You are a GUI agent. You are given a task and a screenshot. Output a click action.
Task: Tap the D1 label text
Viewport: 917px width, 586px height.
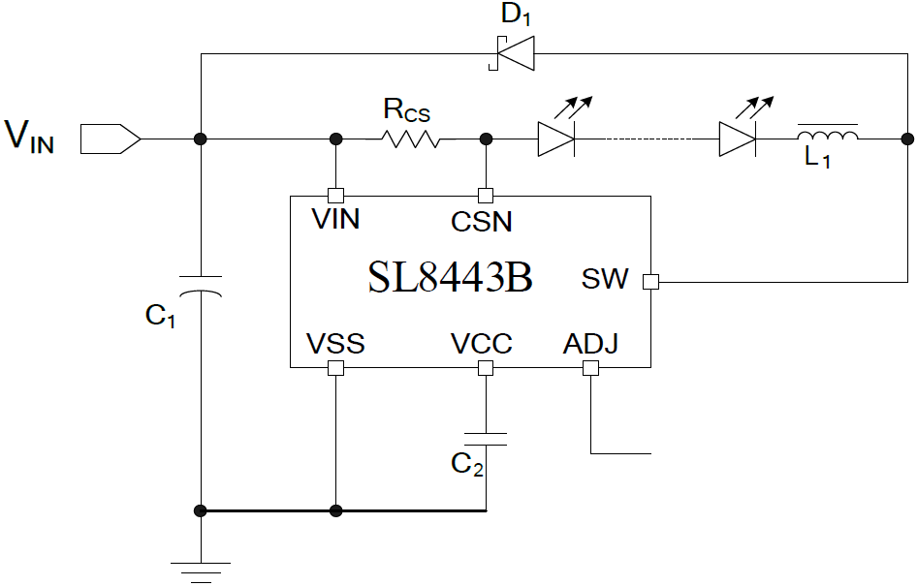tap(517, 15)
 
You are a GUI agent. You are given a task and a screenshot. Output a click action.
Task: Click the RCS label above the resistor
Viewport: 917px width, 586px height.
tap(406, 109)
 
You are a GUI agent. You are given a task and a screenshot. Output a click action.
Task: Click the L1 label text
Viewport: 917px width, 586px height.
tap(817, 160)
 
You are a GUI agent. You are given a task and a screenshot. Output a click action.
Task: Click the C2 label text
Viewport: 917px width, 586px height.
tap(466, 465)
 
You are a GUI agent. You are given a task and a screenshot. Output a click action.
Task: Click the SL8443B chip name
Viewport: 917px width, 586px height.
tap(450, 280)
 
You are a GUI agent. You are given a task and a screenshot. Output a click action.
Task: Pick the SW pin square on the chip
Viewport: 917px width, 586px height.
tap(650, 282)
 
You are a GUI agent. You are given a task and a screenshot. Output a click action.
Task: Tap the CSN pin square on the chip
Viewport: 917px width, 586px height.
tap(486, 195)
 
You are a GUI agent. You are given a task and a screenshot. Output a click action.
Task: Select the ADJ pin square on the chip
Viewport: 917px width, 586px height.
tap(590, 368)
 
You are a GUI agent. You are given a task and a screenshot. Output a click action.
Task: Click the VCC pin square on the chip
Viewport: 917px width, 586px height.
tap(486, 368)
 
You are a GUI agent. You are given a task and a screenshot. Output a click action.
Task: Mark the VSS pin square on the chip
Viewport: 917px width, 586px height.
tap(335, 368)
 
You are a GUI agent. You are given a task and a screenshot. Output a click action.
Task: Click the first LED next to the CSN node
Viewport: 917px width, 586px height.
tap(556, 139)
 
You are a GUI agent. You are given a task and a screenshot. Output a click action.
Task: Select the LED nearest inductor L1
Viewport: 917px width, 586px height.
tap(737, 139)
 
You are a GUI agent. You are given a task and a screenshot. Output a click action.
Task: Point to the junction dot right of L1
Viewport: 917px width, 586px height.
tap(906, 139)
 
